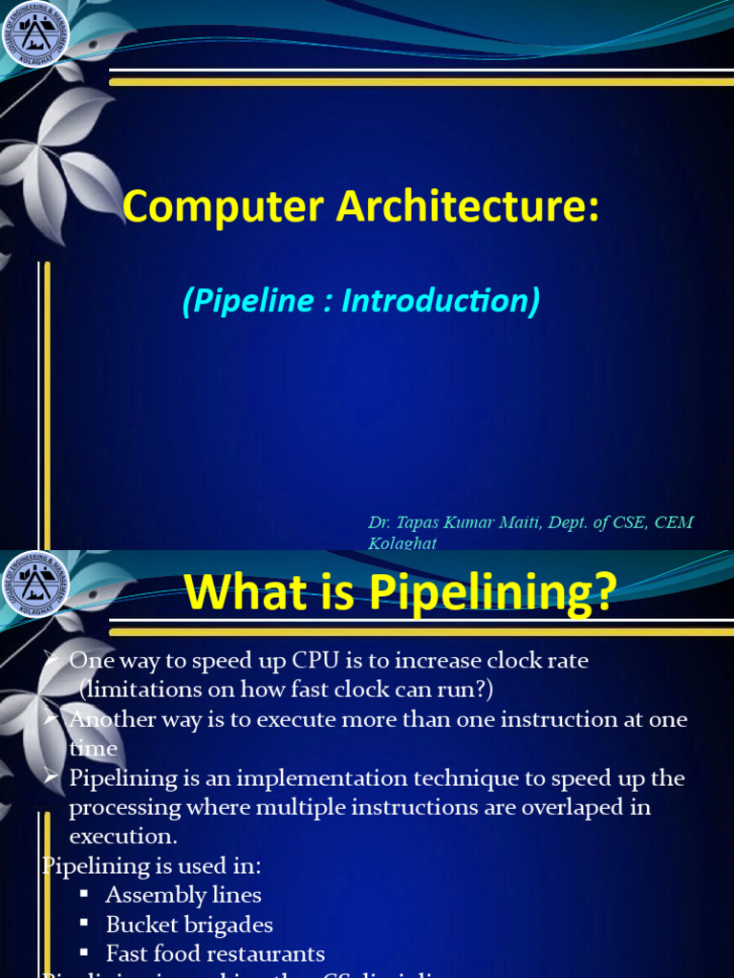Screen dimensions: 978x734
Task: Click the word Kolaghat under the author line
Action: [x=402, y=543]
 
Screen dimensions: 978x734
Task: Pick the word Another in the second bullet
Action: [x=106, y=719]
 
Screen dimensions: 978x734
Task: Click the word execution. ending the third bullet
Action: [x=123, y=837]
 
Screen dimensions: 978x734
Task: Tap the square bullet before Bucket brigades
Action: [x=84, y=924]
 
